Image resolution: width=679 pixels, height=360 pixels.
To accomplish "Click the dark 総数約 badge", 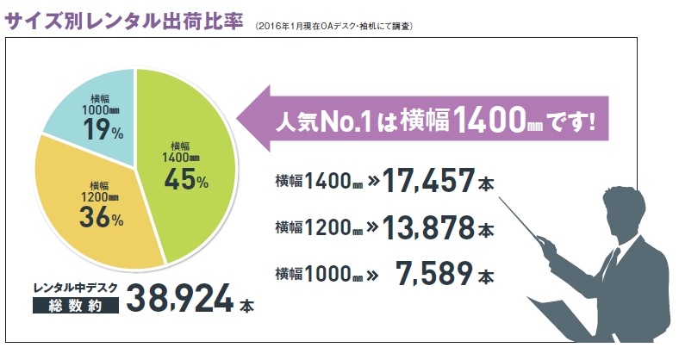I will coord(74,305).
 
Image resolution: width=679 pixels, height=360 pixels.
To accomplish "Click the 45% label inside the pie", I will coord(184,180).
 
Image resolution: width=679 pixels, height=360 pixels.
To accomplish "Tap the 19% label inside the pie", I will coord(104,130).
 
